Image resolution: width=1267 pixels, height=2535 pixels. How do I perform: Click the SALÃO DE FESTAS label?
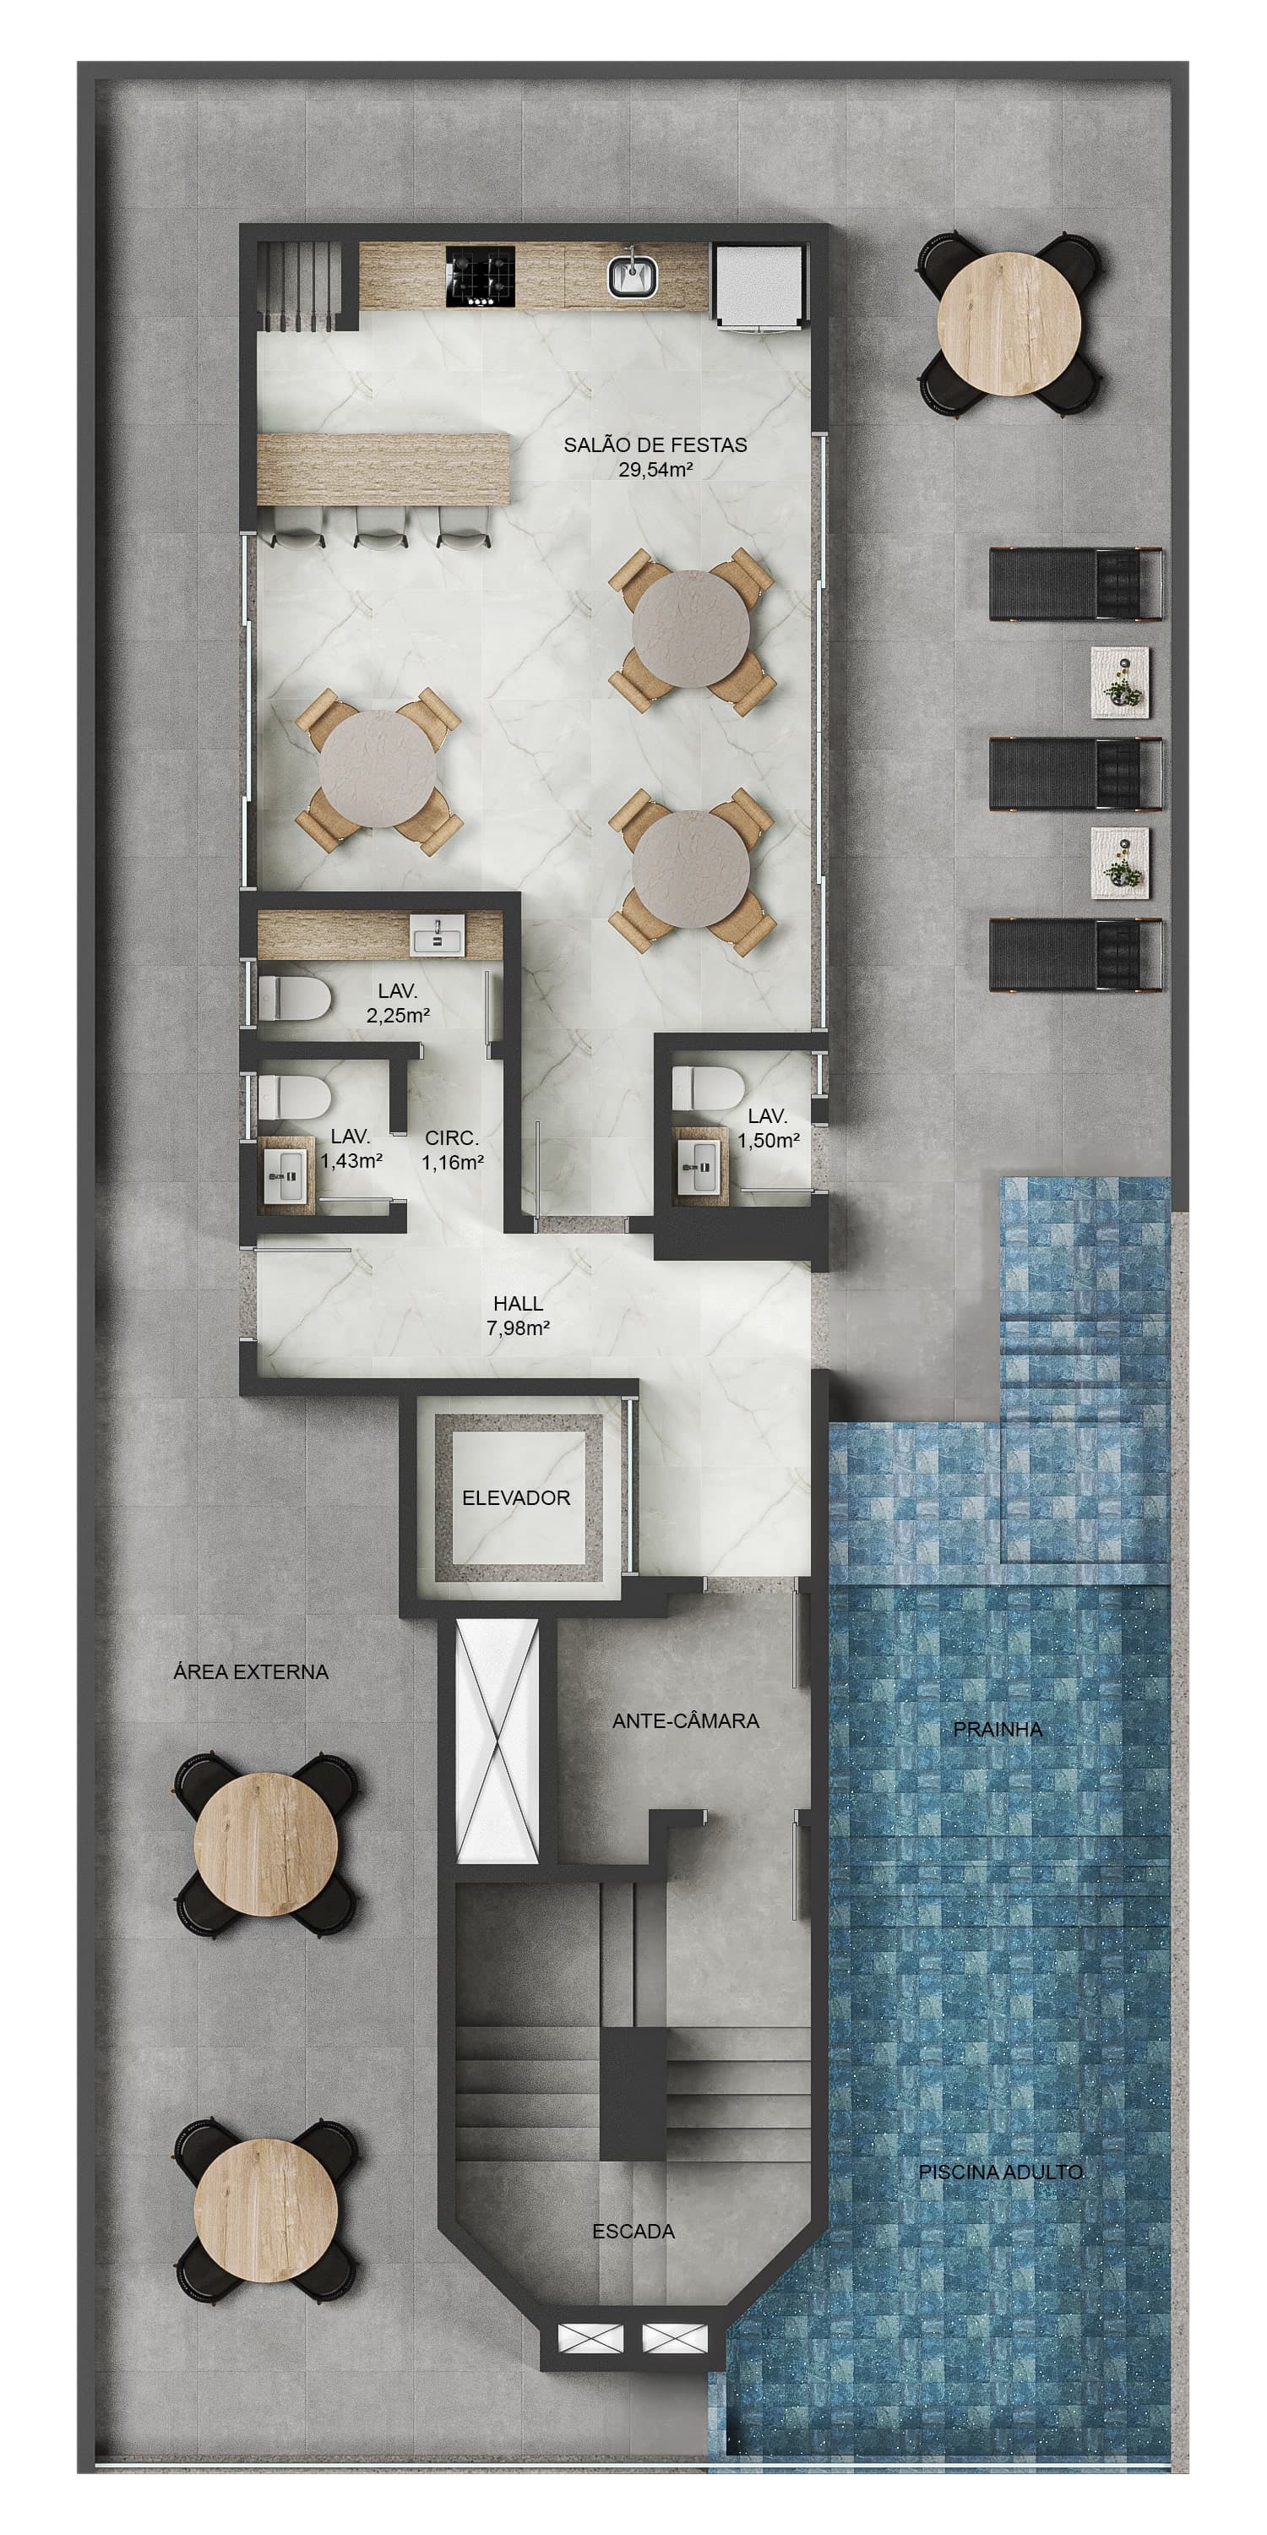tap(655, 456)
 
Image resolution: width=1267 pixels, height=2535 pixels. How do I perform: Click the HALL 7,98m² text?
tap(519, 1315)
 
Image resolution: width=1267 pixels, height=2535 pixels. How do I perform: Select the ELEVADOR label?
tap(516, 1498)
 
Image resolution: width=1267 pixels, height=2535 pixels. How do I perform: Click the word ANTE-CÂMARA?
tap(686, 1721)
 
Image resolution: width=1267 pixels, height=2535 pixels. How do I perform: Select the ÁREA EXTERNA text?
tap(250, 1671)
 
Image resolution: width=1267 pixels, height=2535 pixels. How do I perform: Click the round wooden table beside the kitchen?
tap(1009, 324)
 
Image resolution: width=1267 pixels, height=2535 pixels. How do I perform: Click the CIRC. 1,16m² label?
tap(453, 1150)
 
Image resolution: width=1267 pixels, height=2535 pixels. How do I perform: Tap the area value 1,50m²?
tap(769, 1141)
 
